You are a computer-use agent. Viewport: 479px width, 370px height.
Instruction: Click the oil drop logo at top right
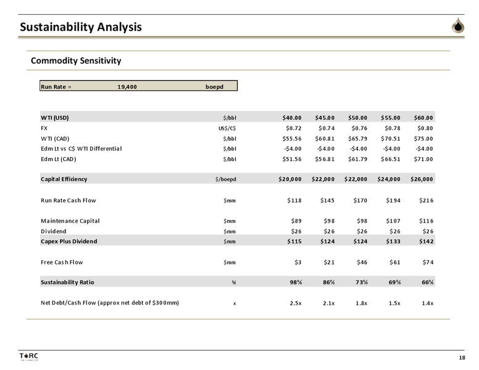point(458,25)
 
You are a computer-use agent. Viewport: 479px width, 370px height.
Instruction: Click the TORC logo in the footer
point(29,356)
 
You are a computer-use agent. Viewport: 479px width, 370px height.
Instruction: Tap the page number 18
point(462,358)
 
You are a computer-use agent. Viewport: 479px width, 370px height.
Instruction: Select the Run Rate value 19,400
point(127,87)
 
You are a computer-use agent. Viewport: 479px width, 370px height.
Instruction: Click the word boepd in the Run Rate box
point(214,87)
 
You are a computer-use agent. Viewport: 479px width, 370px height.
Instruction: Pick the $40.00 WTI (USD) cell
point(292,118)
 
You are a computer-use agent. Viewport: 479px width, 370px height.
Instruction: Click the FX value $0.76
point(359,128)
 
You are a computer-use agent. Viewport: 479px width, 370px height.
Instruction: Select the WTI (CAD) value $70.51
point(390,139)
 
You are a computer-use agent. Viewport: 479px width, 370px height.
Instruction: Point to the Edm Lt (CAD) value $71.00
point(423,159)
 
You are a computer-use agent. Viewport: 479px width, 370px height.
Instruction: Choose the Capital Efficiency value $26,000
point(422,179)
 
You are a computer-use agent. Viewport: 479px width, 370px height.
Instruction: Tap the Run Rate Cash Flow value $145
point(327,200)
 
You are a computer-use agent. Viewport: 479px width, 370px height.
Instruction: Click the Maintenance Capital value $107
point(393,221)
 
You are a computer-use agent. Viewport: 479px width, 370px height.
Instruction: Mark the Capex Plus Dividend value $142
point(426,242)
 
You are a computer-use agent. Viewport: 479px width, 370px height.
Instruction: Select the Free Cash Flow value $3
point(298,262)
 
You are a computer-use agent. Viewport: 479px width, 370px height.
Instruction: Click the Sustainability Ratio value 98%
point(296,282)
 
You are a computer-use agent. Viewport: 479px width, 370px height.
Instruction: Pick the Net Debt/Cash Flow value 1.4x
point(427,303)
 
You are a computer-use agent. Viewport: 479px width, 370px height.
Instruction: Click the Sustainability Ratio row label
point(67,282)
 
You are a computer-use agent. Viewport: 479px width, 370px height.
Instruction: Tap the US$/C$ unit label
point(227,128)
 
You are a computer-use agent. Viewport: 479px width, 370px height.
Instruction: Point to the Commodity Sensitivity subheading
point(76,60)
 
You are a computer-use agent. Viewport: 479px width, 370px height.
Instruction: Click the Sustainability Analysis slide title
point(81,27)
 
